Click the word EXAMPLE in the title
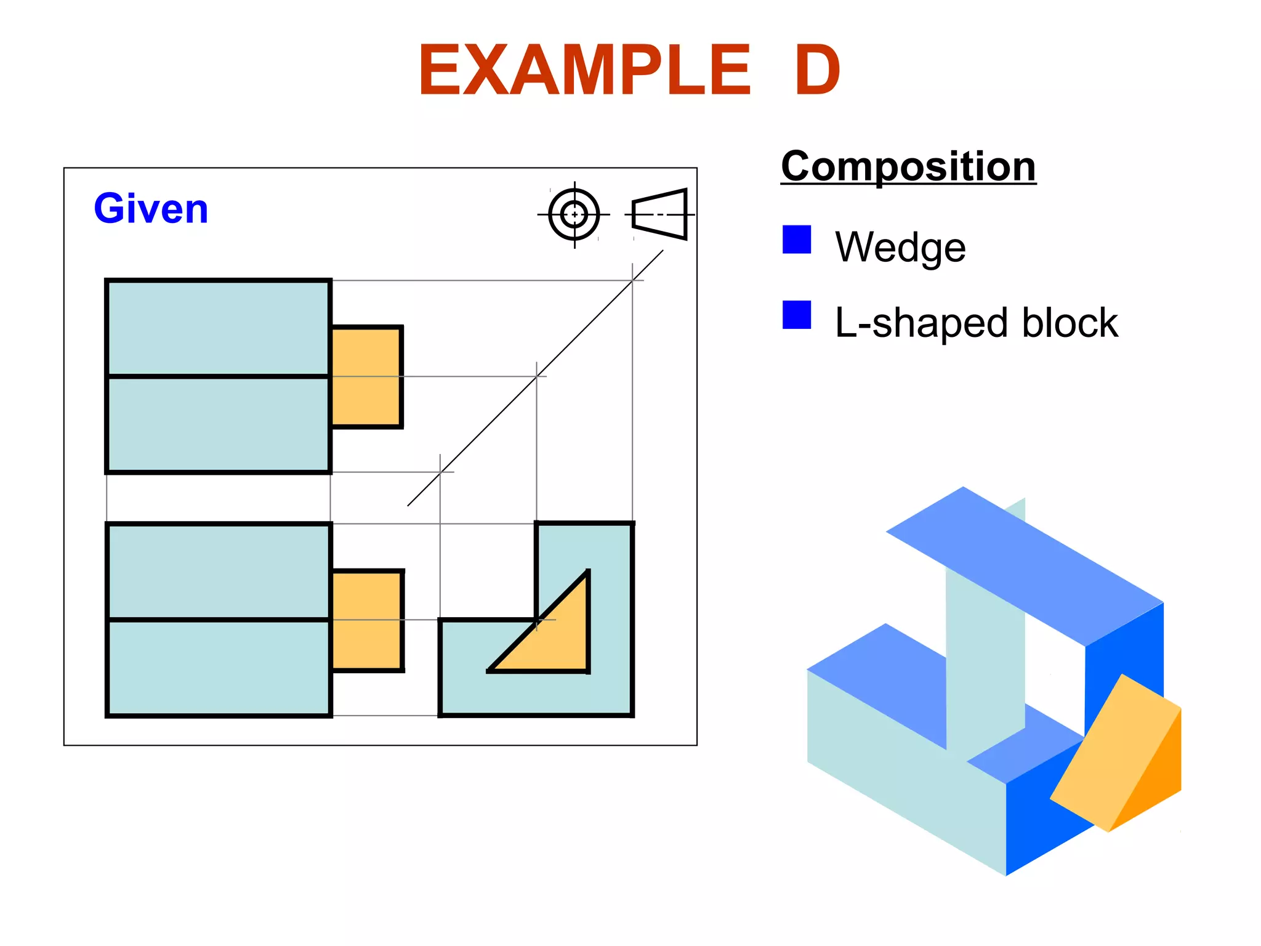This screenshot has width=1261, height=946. pyautogui.click(x=585, y=71)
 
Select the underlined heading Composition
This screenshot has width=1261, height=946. pyautogui.click(x=908, y=167)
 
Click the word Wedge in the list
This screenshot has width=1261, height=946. pyautogui.click(x=900, y=247)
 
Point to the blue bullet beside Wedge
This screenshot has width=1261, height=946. pyautogui.click(x=797, y=240)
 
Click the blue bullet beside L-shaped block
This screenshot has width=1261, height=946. pyautogui.click(x=797, y=315)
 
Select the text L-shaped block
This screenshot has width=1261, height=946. pyautogui.click(x=976, y=323)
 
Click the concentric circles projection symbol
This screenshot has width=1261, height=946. pyautogui.click(x=574, y=215)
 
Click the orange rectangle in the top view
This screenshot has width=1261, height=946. pyautogui.click(x=366, y=377)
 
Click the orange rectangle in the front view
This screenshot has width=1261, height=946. pyautogui.click(x=367, y=620)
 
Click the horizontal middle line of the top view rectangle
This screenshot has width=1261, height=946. pyautogui.click(x=219, y=376)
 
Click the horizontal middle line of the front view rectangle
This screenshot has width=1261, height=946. pyautogui.click(x=219, y=620)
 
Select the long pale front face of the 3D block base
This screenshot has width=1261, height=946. pyautogui.click(x=905, y=770)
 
